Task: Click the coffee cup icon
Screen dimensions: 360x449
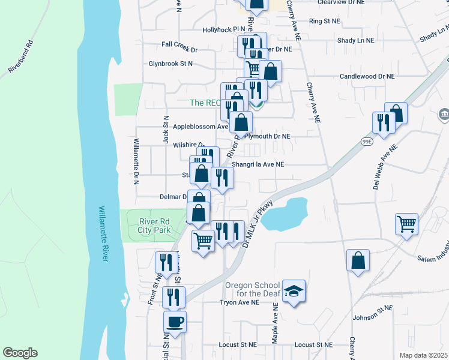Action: point(175,322)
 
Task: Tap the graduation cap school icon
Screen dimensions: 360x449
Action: point(294,291)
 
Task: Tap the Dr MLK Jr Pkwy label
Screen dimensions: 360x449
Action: point(257,223)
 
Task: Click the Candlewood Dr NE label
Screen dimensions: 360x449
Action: point(367,76)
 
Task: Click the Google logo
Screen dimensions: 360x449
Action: point(20,353)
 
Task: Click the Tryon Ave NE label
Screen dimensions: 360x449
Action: point(239,303)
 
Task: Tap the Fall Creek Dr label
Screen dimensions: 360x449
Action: point(179,44)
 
